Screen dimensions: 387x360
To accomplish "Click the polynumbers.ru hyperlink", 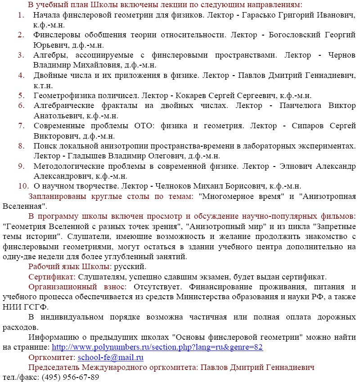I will (x=157, y=347).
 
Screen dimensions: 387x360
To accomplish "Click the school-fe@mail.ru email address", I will (x=110, y=358).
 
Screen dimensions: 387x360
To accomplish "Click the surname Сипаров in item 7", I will (x=306, y=126).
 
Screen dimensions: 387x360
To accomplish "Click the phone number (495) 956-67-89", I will (x=70, y=377).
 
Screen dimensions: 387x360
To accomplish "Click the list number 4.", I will (x=21, y=75).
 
